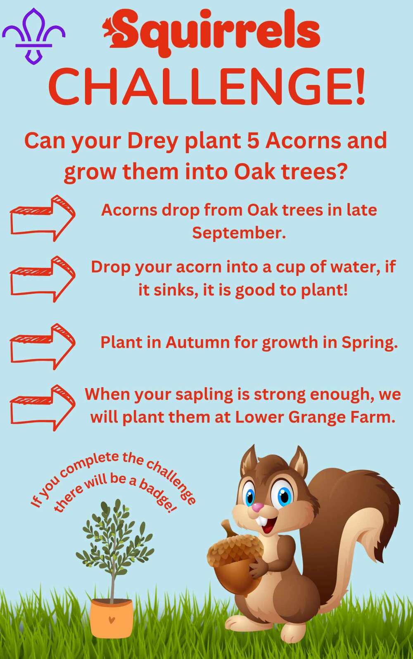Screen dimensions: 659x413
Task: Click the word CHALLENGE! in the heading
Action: [x=206, y=88]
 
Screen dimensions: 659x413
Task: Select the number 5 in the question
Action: [x=253, y=141]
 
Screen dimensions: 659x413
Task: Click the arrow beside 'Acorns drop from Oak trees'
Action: [x=43, y=218]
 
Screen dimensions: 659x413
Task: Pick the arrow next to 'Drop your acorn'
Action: [x=43, y=279]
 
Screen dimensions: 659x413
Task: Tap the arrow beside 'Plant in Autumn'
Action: [x=43, y=346]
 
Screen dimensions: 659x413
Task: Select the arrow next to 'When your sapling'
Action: [x=43, y=407]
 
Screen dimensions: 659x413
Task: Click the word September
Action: [x=239, y=233]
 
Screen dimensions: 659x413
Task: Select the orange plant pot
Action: [x=112, y=618]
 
